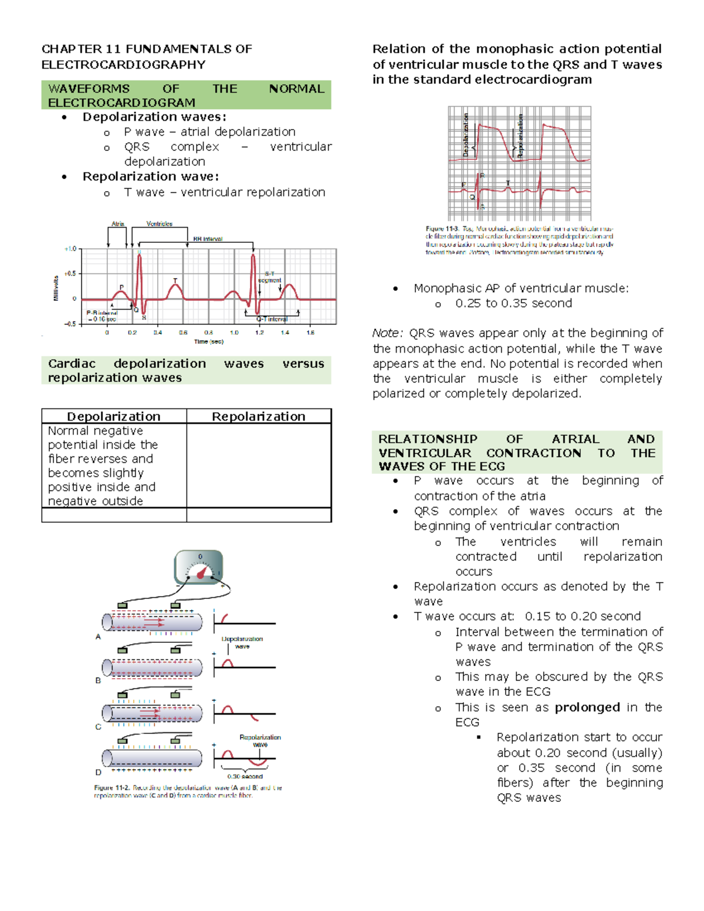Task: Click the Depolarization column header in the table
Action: point(113,416)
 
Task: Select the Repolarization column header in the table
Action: point(258,416)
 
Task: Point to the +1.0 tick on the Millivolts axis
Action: point(70,249)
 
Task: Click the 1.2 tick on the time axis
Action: point(259,333)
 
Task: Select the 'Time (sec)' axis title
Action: point(209,341)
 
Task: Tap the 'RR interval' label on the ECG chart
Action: point(208,239)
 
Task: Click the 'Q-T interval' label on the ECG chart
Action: point(272,319)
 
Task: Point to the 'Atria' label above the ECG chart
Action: point(118,223)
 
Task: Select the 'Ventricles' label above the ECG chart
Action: point(159,223)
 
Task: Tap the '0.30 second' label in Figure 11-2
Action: point(245,776)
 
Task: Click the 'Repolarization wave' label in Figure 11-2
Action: point(260,740)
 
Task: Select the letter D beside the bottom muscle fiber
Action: point(99,772)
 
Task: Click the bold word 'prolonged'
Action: point(587,707)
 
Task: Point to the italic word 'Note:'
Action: point(388,333)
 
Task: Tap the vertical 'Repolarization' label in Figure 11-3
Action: point(520,136)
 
